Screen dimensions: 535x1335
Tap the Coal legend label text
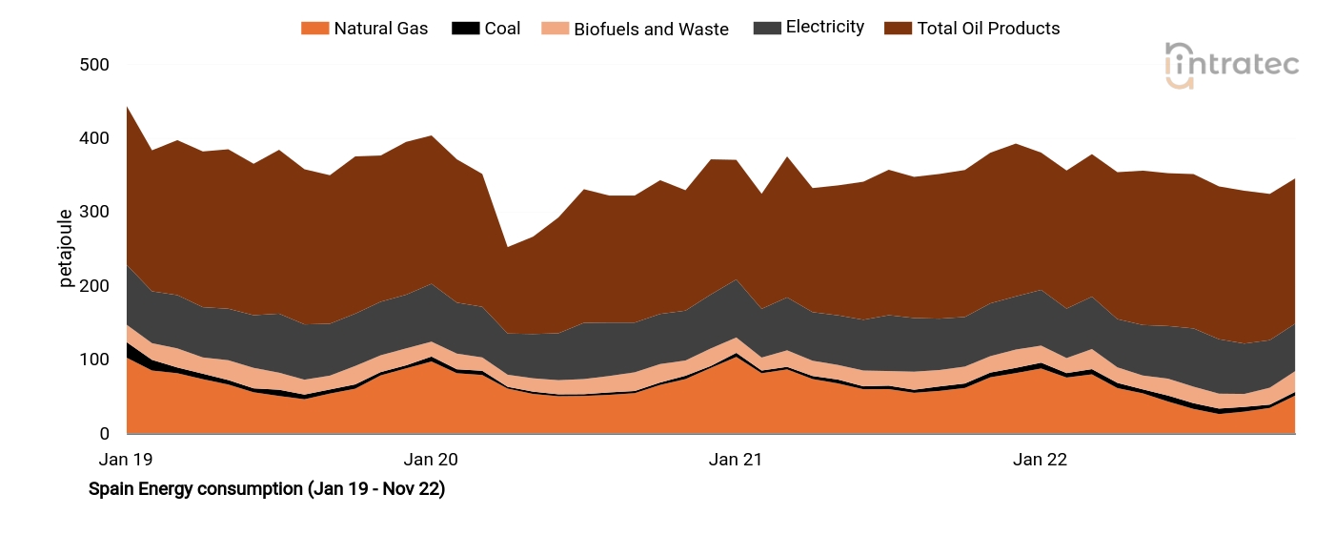tap(502, 29)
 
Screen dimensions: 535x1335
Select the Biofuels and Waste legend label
tap(651, 30)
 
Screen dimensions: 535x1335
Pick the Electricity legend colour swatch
tap(765, 28)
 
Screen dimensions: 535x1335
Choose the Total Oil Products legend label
tap(988, 29)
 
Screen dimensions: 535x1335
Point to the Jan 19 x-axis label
tap(126, 460)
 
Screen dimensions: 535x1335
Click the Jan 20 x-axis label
tap(431, 460)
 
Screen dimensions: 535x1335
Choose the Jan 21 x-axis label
tap(736, 460)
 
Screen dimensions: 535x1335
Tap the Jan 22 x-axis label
tap(1040, 460)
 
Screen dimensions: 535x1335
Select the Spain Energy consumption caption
tap(267, 489)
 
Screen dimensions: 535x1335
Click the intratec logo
tap(1232, 66)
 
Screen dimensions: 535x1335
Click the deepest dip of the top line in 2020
tap(508, 247)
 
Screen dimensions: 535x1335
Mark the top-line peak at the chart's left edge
tap(128, 106)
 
